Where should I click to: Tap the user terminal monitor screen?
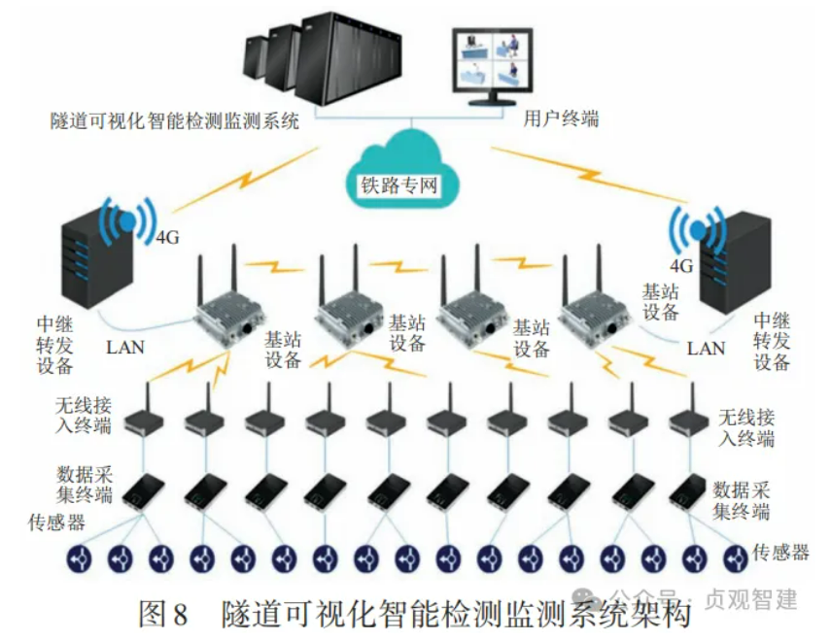[x=493, y=59]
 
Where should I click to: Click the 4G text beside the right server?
[x=680, y=264]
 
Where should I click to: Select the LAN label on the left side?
[x=126, y=346]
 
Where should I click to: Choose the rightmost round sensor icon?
[x=733, y=558]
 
